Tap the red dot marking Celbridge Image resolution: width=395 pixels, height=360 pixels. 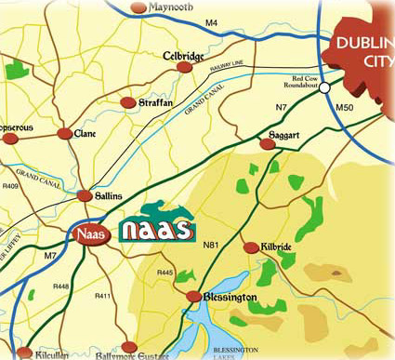[x=167, y=71]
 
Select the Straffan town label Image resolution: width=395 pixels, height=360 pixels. [x=155, y=102]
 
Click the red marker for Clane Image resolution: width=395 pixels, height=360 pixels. [x=64, y=134]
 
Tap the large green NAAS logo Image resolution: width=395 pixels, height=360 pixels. [x=158, y=226]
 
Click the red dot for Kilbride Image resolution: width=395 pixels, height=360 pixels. [x=249, y=247]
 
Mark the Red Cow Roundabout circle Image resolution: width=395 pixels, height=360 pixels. [x=325, y=88]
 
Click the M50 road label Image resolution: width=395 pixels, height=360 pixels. [x=345, y=109]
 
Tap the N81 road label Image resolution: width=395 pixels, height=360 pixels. [x=210, y=244]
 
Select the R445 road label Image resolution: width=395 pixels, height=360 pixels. [x=165, y=272]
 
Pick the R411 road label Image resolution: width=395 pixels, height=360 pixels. [x=102, y=296]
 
